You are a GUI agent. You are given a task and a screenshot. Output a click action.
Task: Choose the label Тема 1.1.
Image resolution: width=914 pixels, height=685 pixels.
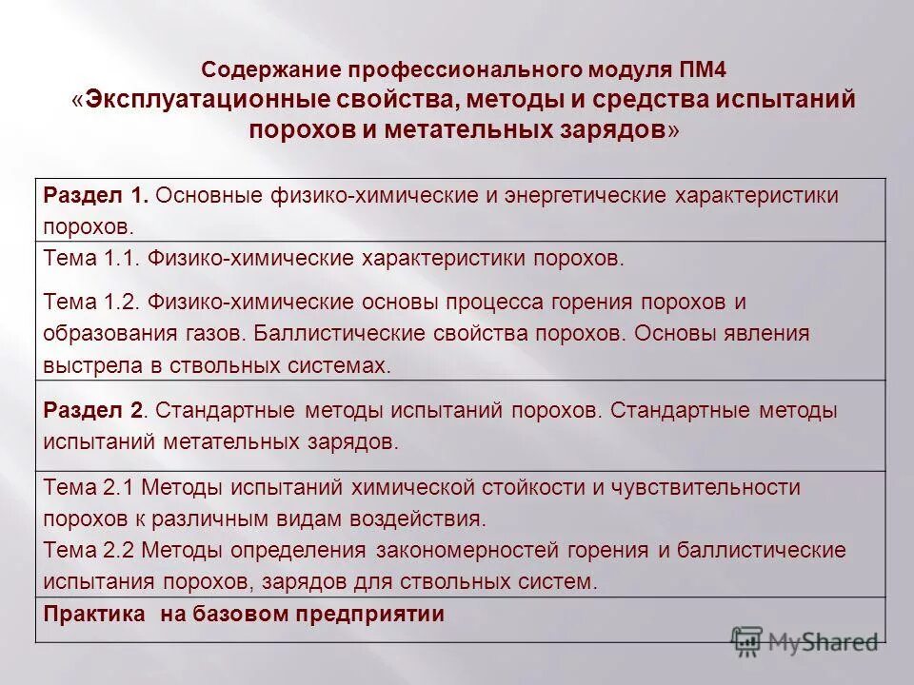point(92,258)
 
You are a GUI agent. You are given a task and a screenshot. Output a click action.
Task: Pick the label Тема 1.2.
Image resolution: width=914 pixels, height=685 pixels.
point(92,302)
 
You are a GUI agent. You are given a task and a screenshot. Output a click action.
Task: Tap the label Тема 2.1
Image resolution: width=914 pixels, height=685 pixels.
point(91,487)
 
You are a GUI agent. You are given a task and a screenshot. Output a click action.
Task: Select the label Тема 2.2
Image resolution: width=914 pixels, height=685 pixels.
point(91,550)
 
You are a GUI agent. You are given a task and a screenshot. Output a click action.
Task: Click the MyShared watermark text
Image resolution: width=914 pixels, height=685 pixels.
point(823,642)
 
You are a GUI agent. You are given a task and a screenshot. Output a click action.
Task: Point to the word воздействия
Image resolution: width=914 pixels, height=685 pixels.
point(429,519)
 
